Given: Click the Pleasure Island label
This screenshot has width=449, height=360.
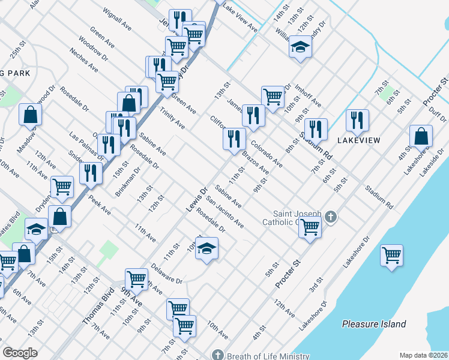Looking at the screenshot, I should click(373, 324).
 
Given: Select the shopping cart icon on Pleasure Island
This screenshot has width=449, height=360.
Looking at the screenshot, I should click(391, 255).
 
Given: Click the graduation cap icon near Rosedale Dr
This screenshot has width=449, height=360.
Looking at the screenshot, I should click(206, 248).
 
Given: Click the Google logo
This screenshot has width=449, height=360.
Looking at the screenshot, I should click(20, 353).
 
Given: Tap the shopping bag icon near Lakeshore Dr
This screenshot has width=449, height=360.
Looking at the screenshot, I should click(421, 136).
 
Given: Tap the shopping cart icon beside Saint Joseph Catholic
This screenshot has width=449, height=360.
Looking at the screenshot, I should click(310, 227).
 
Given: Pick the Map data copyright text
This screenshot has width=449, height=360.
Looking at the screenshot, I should click(423, 355).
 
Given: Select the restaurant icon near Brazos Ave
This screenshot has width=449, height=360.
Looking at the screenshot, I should click(234, 139).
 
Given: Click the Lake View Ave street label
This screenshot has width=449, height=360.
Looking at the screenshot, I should click(240, 17).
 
